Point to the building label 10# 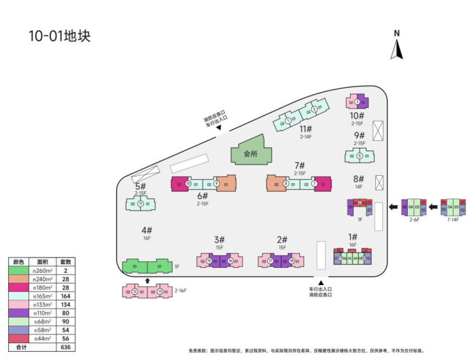(x=356, y=116)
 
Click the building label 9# (x=359, y=135)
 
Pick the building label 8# (x=358, y=179)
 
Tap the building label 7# (x=300, y=165)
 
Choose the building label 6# (x=203, y=196)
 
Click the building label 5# (x=140, y=186)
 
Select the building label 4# (x=147, y=230)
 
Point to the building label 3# (x=220, y=239)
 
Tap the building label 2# (x=283, y=239)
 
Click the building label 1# (x=352, y=237)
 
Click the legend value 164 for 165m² (x=65, y=295)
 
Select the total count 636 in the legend (x=65, y=347)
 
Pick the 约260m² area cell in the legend (x=43, y=270)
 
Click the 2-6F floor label (x=414, y=219)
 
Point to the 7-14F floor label (x=453, y=219)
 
